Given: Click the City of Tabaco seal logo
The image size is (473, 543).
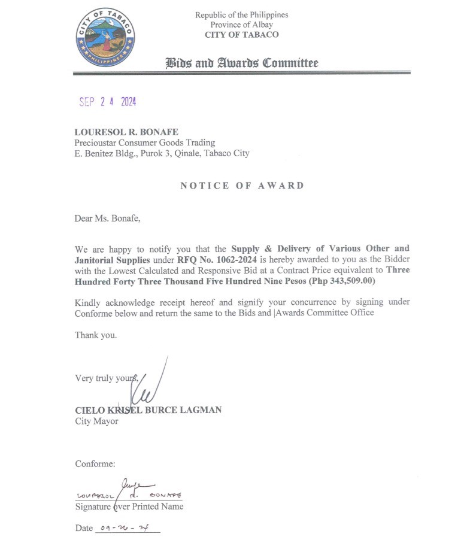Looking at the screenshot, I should click(105, 38).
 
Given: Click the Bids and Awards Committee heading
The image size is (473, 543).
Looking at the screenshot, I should click(241, 63).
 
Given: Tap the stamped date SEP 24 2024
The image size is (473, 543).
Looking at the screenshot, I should click(108, 102).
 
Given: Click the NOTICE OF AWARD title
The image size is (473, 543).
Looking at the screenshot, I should click(242, 186).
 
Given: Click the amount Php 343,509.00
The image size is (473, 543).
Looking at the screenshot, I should click(341, 281).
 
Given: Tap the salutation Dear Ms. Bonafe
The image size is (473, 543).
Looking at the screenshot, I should click(107, 218).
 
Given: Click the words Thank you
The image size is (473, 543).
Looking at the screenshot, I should click(96, 335).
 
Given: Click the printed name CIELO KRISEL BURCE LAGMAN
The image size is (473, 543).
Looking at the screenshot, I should click(148, 410).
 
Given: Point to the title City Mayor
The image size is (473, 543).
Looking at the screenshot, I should click(96, 421).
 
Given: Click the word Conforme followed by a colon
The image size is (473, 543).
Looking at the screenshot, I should click(95, 463).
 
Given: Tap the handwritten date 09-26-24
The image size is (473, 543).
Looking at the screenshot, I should click(125, 528).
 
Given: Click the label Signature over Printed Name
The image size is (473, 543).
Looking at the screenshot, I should click(129, 506).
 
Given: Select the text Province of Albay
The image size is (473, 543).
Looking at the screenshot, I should click(241, 25).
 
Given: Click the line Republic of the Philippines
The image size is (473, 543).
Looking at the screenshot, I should click(241, 14).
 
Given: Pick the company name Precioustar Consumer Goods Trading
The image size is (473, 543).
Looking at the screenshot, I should click(144, 142).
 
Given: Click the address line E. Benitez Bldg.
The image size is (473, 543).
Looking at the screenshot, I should click(162, 153).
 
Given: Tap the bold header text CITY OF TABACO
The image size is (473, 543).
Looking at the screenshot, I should click(241, 35).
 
